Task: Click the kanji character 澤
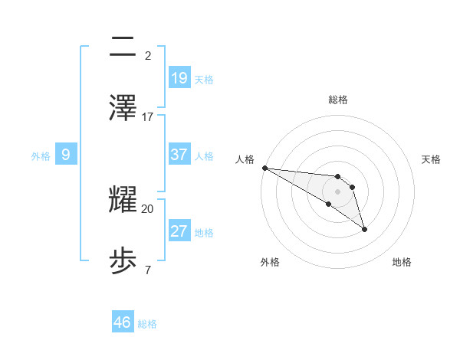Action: coord(123,108)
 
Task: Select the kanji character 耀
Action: coord(123,200)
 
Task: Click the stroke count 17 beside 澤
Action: coord(148,116)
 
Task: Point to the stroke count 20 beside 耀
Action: coord(148,208)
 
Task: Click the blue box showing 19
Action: coord(179,77)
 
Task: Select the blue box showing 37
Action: coord(179,155)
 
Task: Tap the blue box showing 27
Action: coord(179,231)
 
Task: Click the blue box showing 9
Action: coord(66,155)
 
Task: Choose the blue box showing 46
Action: coord(123,322)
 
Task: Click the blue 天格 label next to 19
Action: coord(204,79)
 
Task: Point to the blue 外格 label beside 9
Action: coord(41,156)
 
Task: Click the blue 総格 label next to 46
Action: coord(147,324)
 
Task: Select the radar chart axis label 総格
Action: coord(338,100)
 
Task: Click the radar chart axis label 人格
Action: coord(245,159)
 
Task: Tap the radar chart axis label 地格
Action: coord(402,262)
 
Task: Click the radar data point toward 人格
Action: coord(264,168)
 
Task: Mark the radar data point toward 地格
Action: coord(364,229)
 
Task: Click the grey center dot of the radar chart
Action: coord(338,191)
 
